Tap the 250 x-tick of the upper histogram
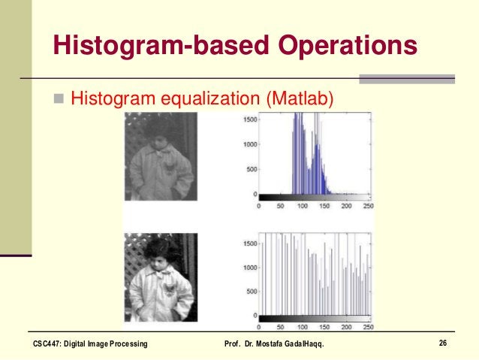click(367, 205)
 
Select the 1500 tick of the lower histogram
click(249, 244)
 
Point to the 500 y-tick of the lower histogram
click(251, 292)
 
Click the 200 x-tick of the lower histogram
click(345, 328)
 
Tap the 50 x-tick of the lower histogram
click(279, 328)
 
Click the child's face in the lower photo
click(160, 259)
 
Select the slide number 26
click(443, 343)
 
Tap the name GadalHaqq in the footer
click(304, 344)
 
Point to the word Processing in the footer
click(126, 344)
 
